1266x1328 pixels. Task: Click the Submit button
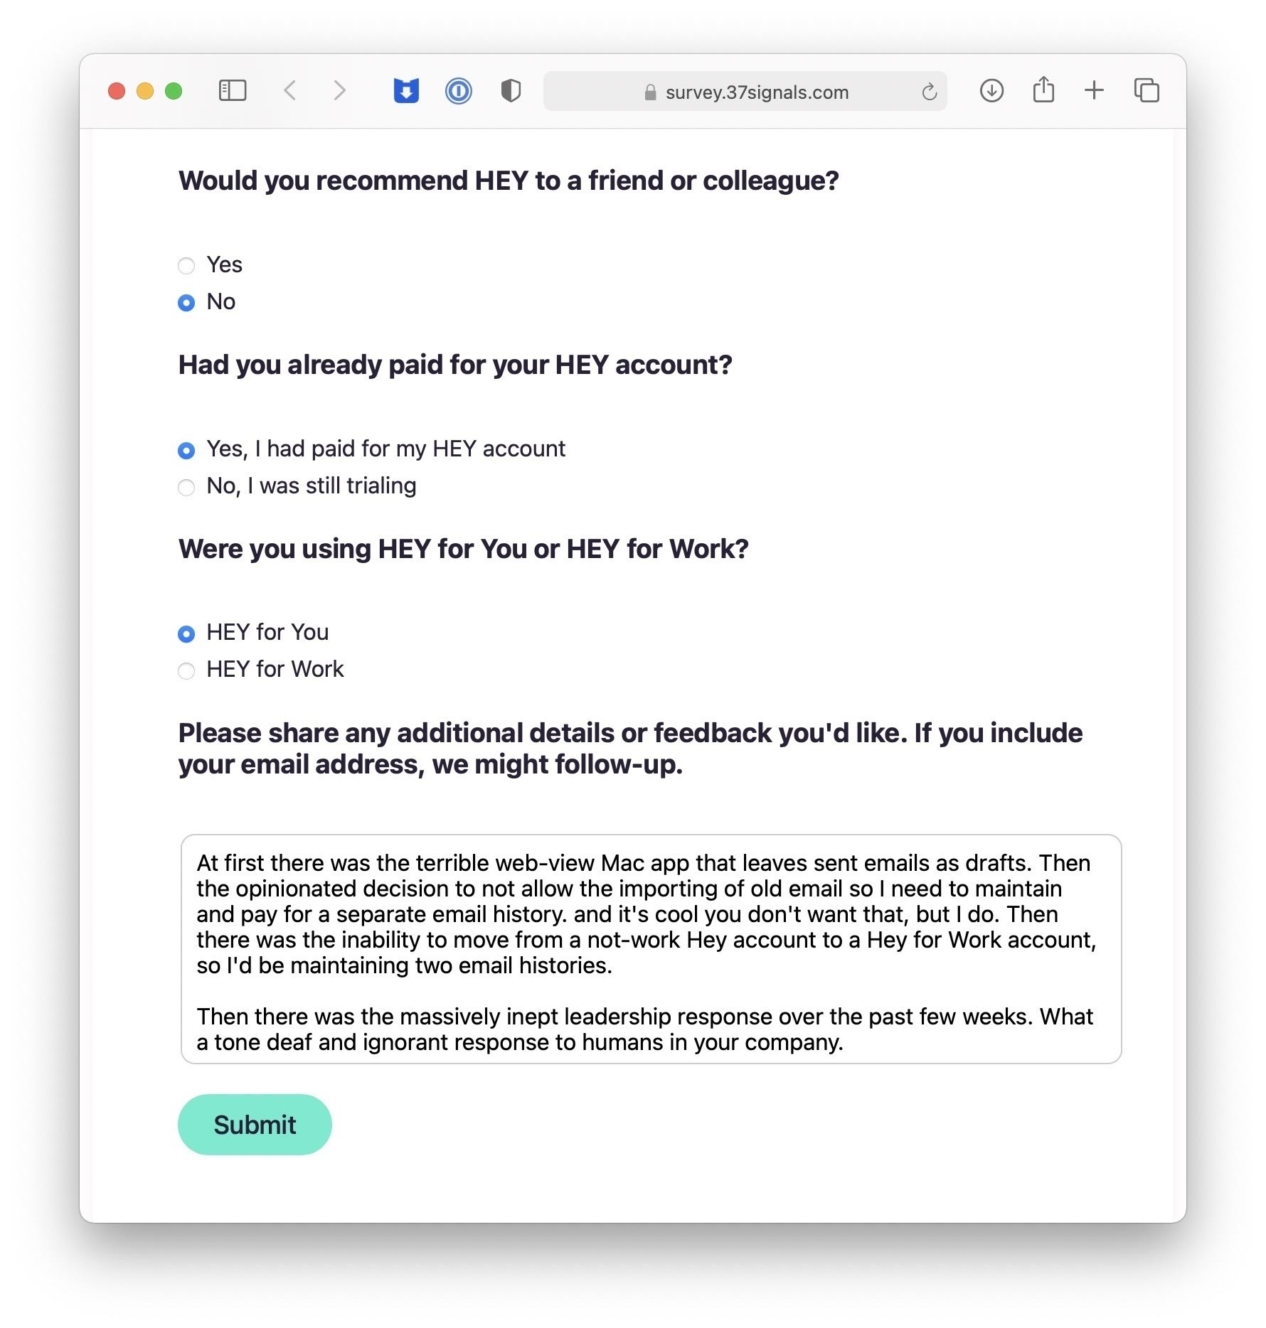[255, 1125]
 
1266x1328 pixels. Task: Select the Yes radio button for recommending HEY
[186, 266]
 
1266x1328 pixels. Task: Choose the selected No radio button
[186, 303]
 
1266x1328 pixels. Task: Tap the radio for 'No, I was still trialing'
[186, 487]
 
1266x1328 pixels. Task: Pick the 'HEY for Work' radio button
[186, 670]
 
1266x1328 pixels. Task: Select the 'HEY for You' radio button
[186, 633]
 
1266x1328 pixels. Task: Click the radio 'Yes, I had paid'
[186, 450]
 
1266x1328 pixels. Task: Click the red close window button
[117, 91]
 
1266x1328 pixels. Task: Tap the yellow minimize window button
[145, 91]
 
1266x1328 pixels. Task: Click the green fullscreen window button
[174, 91]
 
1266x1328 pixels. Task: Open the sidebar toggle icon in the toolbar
[233, 90]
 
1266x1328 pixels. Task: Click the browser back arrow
[289, 90]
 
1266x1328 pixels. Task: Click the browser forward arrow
[339, 90]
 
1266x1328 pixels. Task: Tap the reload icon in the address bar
[929, 92]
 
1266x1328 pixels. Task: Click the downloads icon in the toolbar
[991, 90]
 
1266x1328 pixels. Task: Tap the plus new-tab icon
[1094, 90]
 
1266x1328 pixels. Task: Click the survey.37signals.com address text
[757, 92]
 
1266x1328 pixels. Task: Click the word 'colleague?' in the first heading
[771, 181]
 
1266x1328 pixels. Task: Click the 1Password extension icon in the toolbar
[459, 91]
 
